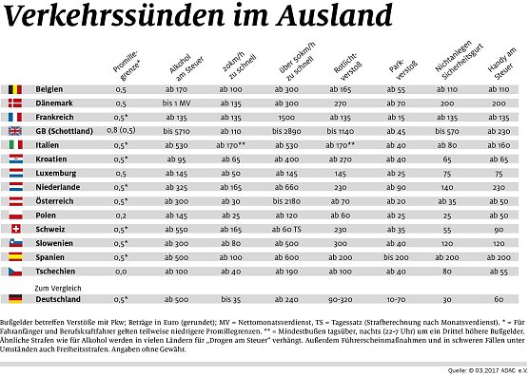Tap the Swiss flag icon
[x=14, y=230]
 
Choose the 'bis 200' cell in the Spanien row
[x=396, y=258]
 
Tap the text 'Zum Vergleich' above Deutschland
[x=59, y=286]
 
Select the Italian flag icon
[x=14, y=144]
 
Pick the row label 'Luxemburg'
[x=56, y=173]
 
